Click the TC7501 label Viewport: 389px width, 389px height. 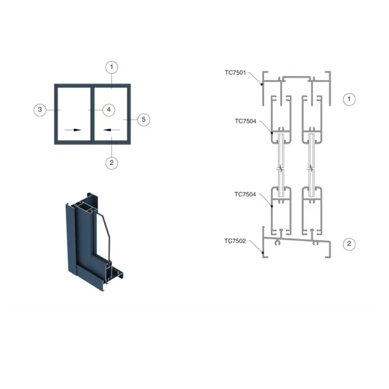(x=235, y=72)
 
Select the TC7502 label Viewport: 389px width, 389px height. (x=235, y=240)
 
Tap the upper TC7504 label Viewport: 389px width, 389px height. (x=245, y=122)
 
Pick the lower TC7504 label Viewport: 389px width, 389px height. (x=245, y=194)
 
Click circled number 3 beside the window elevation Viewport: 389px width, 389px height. (x=40, y=110)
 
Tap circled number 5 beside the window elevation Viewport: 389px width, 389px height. (x=143, y=119)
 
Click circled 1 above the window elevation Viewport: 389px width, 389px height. (x=112, y=67)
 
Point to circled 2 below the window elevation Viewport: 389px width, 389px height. (x=112, y=163)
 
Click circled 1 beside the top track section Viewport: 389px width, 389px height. (x=349, y=99)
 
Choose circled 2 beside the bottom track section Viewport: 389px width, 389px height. (x=349, y=244)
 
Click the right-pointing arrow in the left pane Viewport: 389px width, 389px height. (x=73, y=130)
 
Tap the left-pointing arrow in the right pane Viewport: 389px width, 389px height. (x=111, y=130)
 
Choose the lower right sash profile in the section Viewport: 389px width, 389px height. (x=311, y=209)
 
